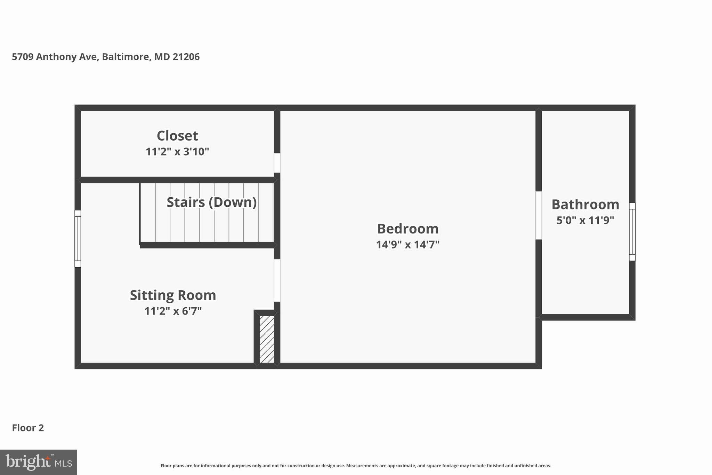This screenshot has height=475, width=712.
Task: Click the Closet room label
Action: [177, 136]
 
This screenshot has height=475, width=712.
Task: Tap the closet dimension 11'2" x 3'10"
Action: [177, 152]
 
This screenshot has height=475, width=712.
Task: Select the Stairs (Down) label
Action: [211, 202]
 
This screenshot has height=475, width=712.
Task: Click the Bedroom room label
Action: [407, 229]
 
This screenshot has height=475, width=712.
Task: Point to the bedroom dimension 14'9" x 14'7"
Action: [407, 245]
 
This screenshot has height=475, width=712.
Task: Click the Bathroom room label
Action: [585, 204]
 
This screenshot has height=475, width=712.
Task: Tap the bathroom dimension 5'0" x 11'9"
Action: [585, 220]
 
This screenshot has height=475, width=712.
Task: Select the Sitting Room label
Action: [173, 295]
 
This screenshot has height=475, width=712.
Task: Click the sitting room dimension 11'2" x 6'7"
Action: [173, 311]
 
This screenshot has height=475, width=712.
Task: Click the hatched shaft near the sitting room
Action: [267, 339]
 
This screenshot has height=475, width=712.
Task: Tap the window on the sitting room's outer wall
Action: [78, 238]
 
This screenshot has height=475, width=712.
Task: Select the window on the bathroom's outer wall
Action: [632, 232]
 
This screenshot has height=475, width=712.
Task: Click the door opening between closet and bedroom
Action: [277, 163]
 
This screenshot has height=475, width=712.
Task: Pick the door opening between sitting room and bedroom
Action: [277, 280]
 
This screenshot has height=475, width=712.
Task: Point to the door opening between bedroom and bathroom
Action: [539, 215]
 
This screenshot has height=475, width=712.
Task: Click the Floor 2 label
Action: [28, 428]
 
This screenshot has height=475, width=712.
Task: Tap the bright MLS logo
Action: [39, 462]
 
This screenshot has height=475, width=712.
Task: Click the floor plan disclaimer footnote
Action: [356, 466]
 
